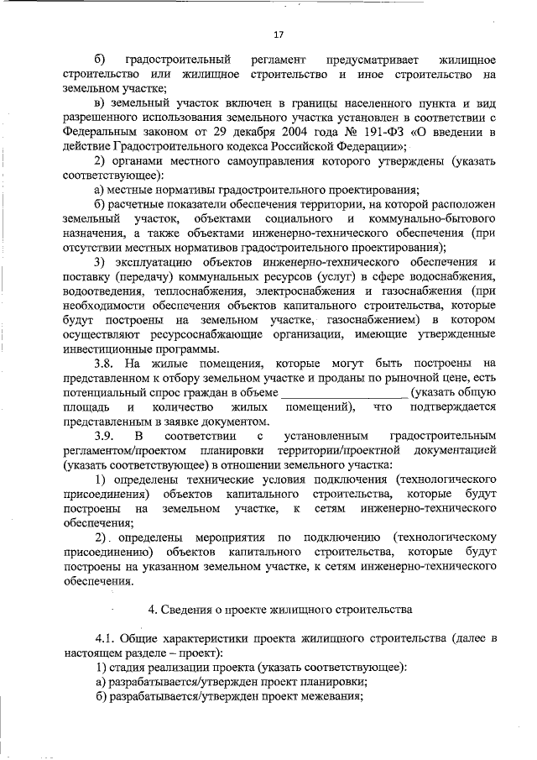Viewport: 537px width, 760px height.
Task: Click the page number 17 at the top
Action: click(x=279, y=34)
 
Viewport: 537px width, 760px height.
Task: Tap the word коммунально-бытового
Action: click(x=425, y=218)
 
